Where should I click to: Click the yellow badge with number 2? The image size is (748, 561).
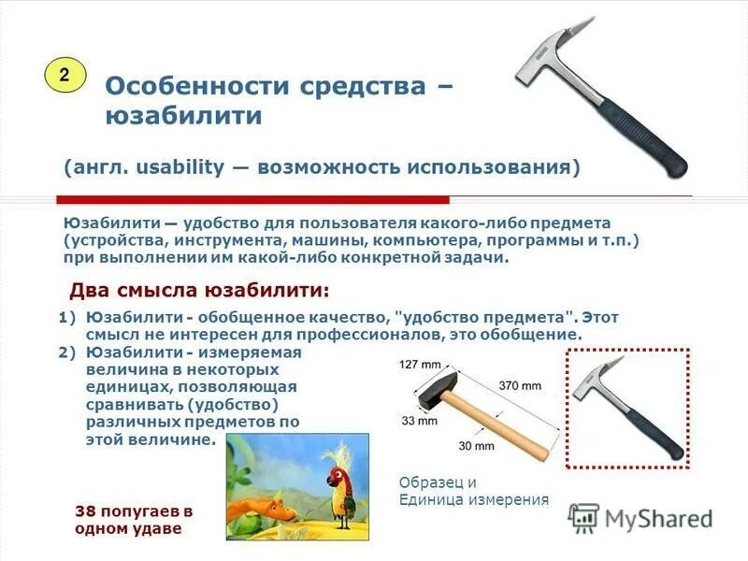65,75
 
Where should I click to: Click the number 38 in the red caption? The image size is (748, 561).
85,511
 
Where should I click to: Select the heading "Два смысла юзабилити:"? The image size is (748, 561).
199,290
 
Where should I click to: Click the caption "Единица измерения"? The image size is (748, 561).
473,499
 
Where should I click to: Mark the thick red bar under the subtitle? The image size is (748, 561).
252,199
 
